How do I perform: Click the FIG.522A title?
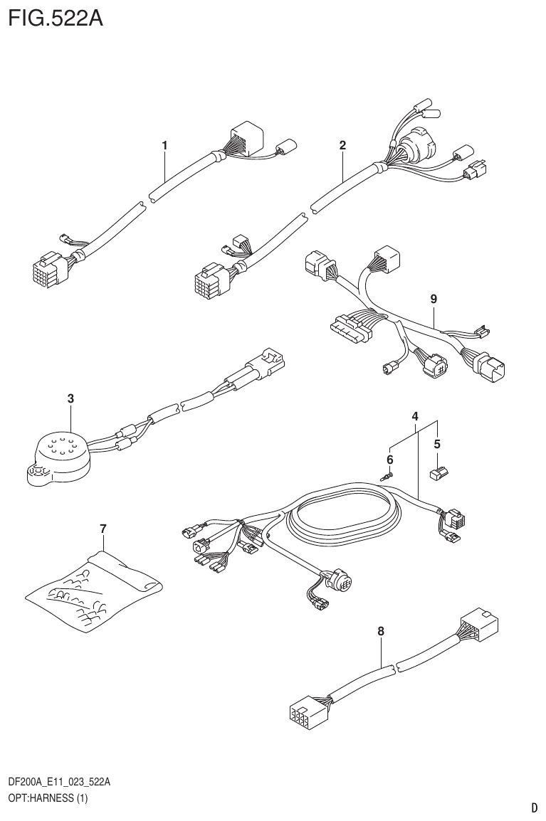click(56, 18)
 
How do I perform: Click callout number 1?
click(164, 145)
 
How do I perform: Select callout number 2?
click(342, 145)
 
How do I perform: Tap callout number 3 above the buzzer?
click(70, 398)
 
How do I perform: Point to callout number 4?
click(415, 415)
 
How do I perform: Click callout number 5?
click(438, 444)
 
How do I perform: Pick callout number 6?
click(390, 458)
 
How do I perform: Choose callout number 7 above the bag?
click(103, 528)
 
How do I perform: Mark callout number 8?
click(381, 630)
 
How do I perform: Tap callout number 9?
click(434, 300)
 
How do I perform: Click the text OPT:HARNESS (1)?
click(47, 798)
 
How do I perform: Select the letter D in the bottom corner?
click(534, 807)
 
